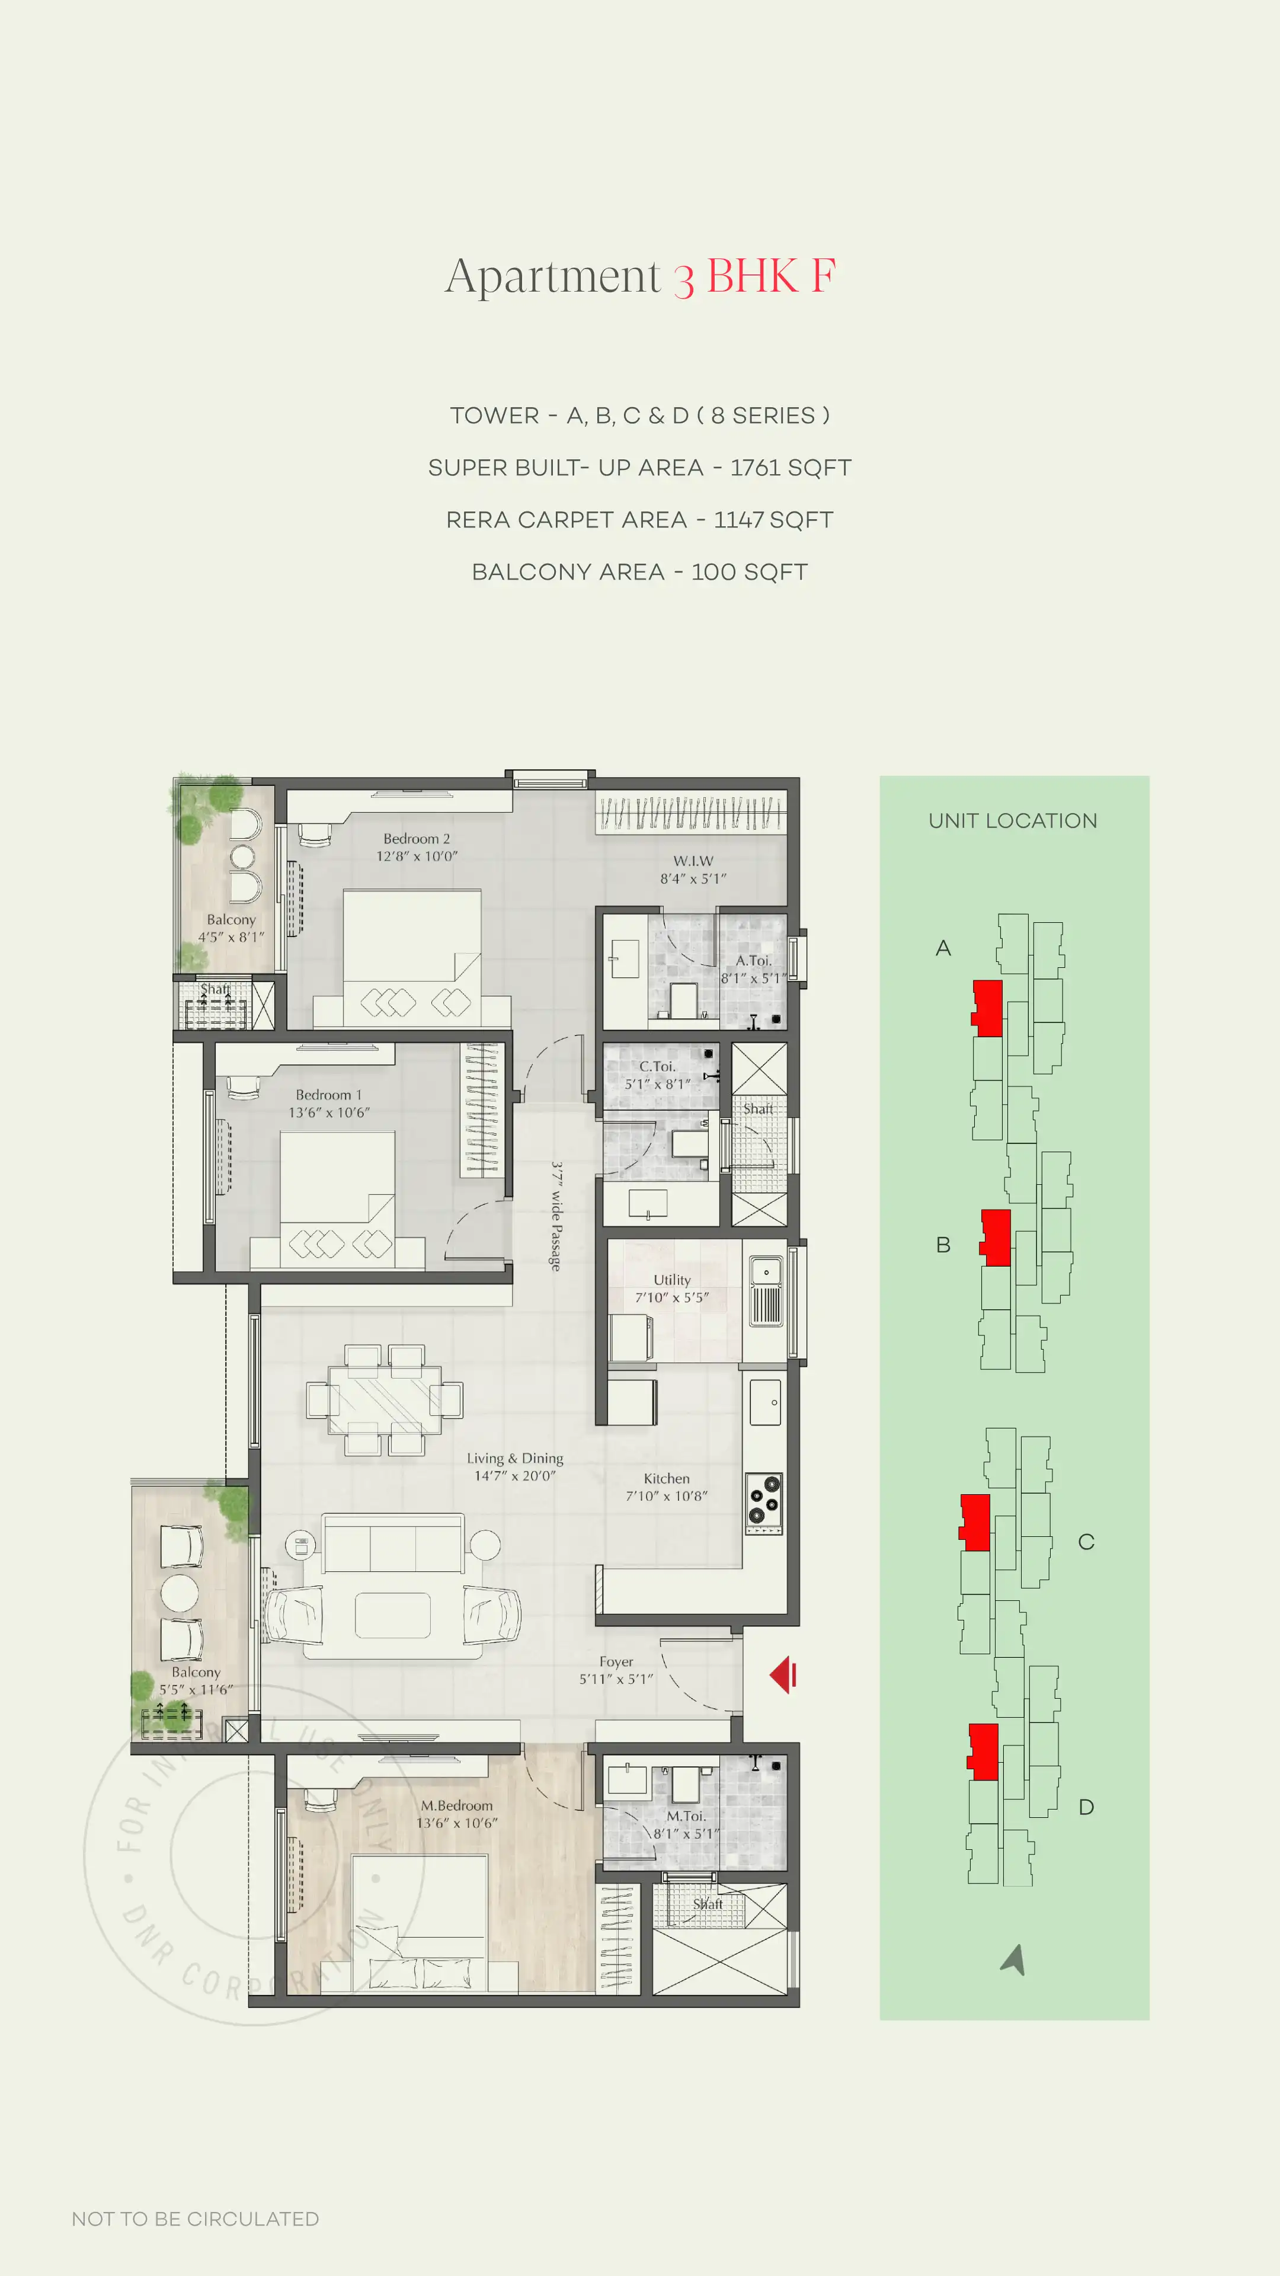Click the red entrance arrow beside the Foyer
tap(783, 1675)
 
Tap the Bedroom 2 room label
tap(416, 839)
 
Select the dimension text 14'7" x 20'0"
tap(515, 1475)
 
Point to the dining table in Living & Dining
tap(384, 1399)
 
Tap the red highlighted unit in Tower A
tap(988, 1008)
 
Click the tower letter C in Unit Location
tap(1086, 1542)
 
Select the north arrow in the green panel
tap(1014, 1959)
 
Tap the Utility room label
tap(671, 1280)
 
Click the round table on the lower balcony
tap(180, 1593)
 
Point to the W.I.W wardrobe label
tap(693, 861)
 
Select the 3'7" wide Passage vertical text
tap(556, 1216)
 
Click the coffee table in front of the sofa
tap(392, 1615)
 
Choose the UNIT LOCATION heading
tap(1012, 821)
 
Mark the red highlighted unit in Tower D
tap(983, 1751)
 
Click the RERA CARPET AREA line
tap(639, 520)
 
